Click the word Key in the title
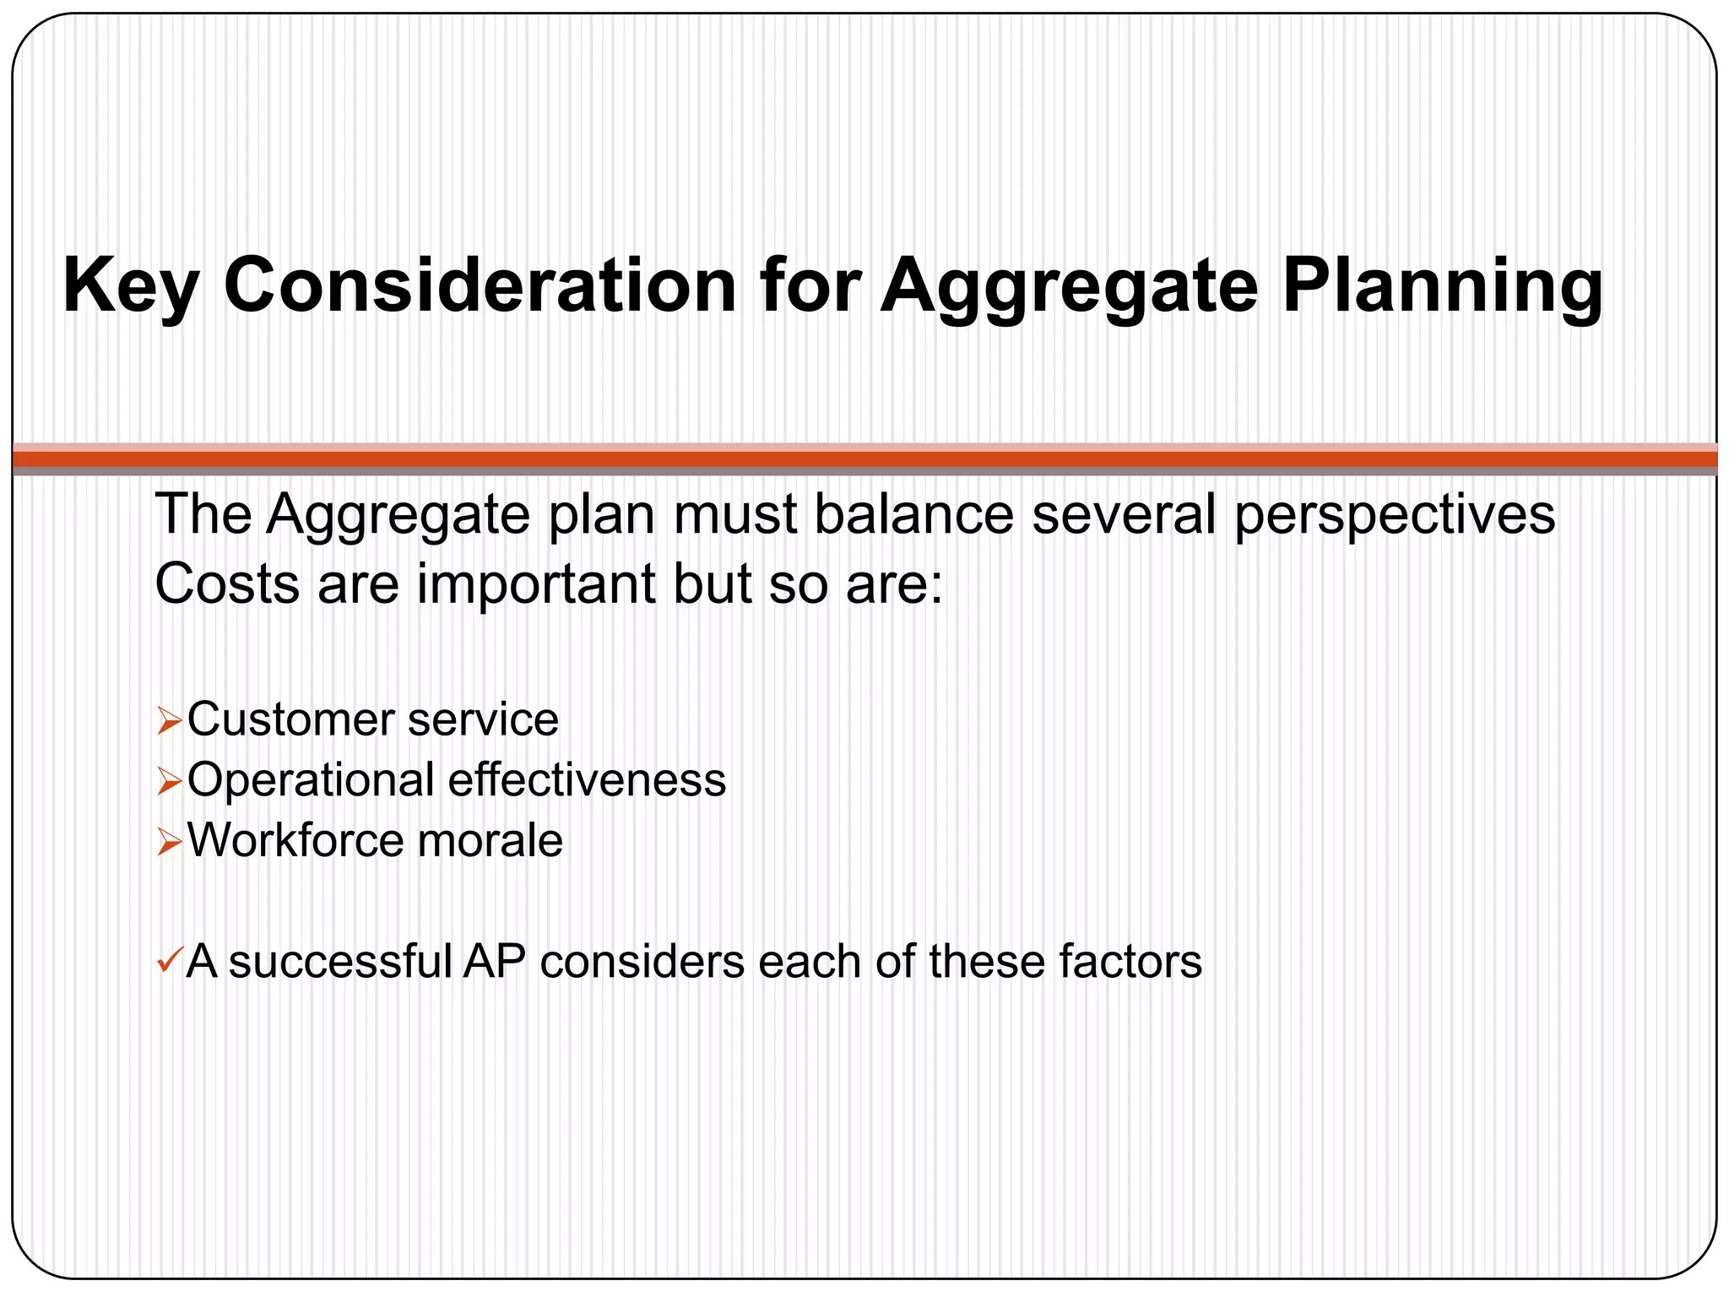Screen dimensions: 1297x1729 point(130,287)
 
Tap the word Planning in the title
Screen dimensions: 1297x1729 point(1442,287)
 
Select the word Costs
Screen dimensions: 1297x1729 point(227,583)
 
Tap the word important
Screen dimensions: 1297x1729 point(536,585)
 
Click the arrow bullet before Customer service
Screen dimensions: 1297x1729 point(169,723)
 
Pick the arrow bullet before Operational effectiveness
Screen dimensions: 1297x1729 point(169,783)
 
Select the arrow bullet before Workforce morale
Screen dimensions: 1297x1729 point(169,843)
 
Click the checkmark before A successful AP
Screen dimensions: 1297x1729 point(168,960)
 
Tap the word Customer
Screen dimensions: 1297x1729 point(290,720)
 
